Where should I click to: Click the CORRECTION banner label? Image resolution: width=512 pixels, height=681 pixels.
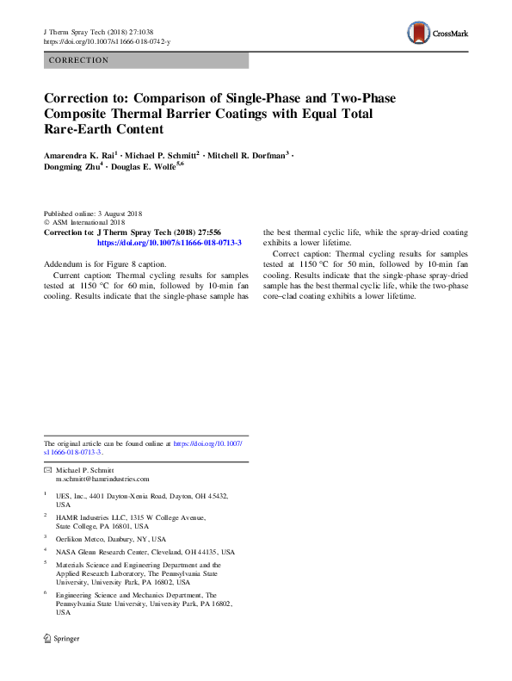pyautogui.click(x=79, y=60)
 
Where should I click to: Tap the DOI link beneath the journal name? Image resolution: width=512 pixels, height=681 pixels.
pyautogui.click(x=107, y=40)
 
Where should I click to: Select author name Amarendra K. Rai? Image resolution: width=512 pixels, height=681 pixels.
pyautogui.click(x=78, y=154)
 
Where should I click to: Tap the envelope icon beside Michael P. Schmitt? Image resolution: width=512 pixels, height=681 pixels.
pyautogui.click(x=47, y=470)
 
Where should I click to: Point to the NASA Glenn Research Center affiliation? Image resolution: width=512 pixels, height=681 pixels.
pyautogui.click(x=145, y=551)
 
